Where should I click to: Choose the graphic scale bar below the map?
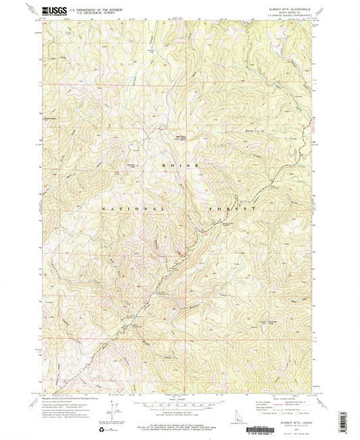[x=180, y=400]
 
